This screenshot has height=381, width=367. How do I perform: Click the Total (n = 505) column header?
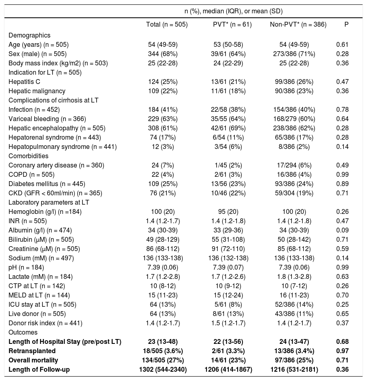tap(167, 25)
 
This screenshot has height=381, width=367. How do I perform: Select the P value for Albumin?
tap(342, 230)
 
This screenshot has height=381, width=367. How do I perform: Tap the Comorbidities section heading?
tap(28, 156)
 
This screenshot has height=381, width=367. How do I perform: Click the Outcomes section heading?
tap(23, 332)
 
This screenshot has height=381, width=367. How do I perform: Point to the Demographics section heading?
tap(29, 35)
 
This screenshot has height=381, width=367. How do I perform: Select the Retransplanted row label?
tap(32, 351)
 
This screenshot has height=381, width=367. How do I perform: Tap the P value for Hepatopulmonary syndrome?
tap(342, 147)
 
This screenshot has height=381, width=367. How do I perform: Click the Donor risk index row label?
tap(45, 323)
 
